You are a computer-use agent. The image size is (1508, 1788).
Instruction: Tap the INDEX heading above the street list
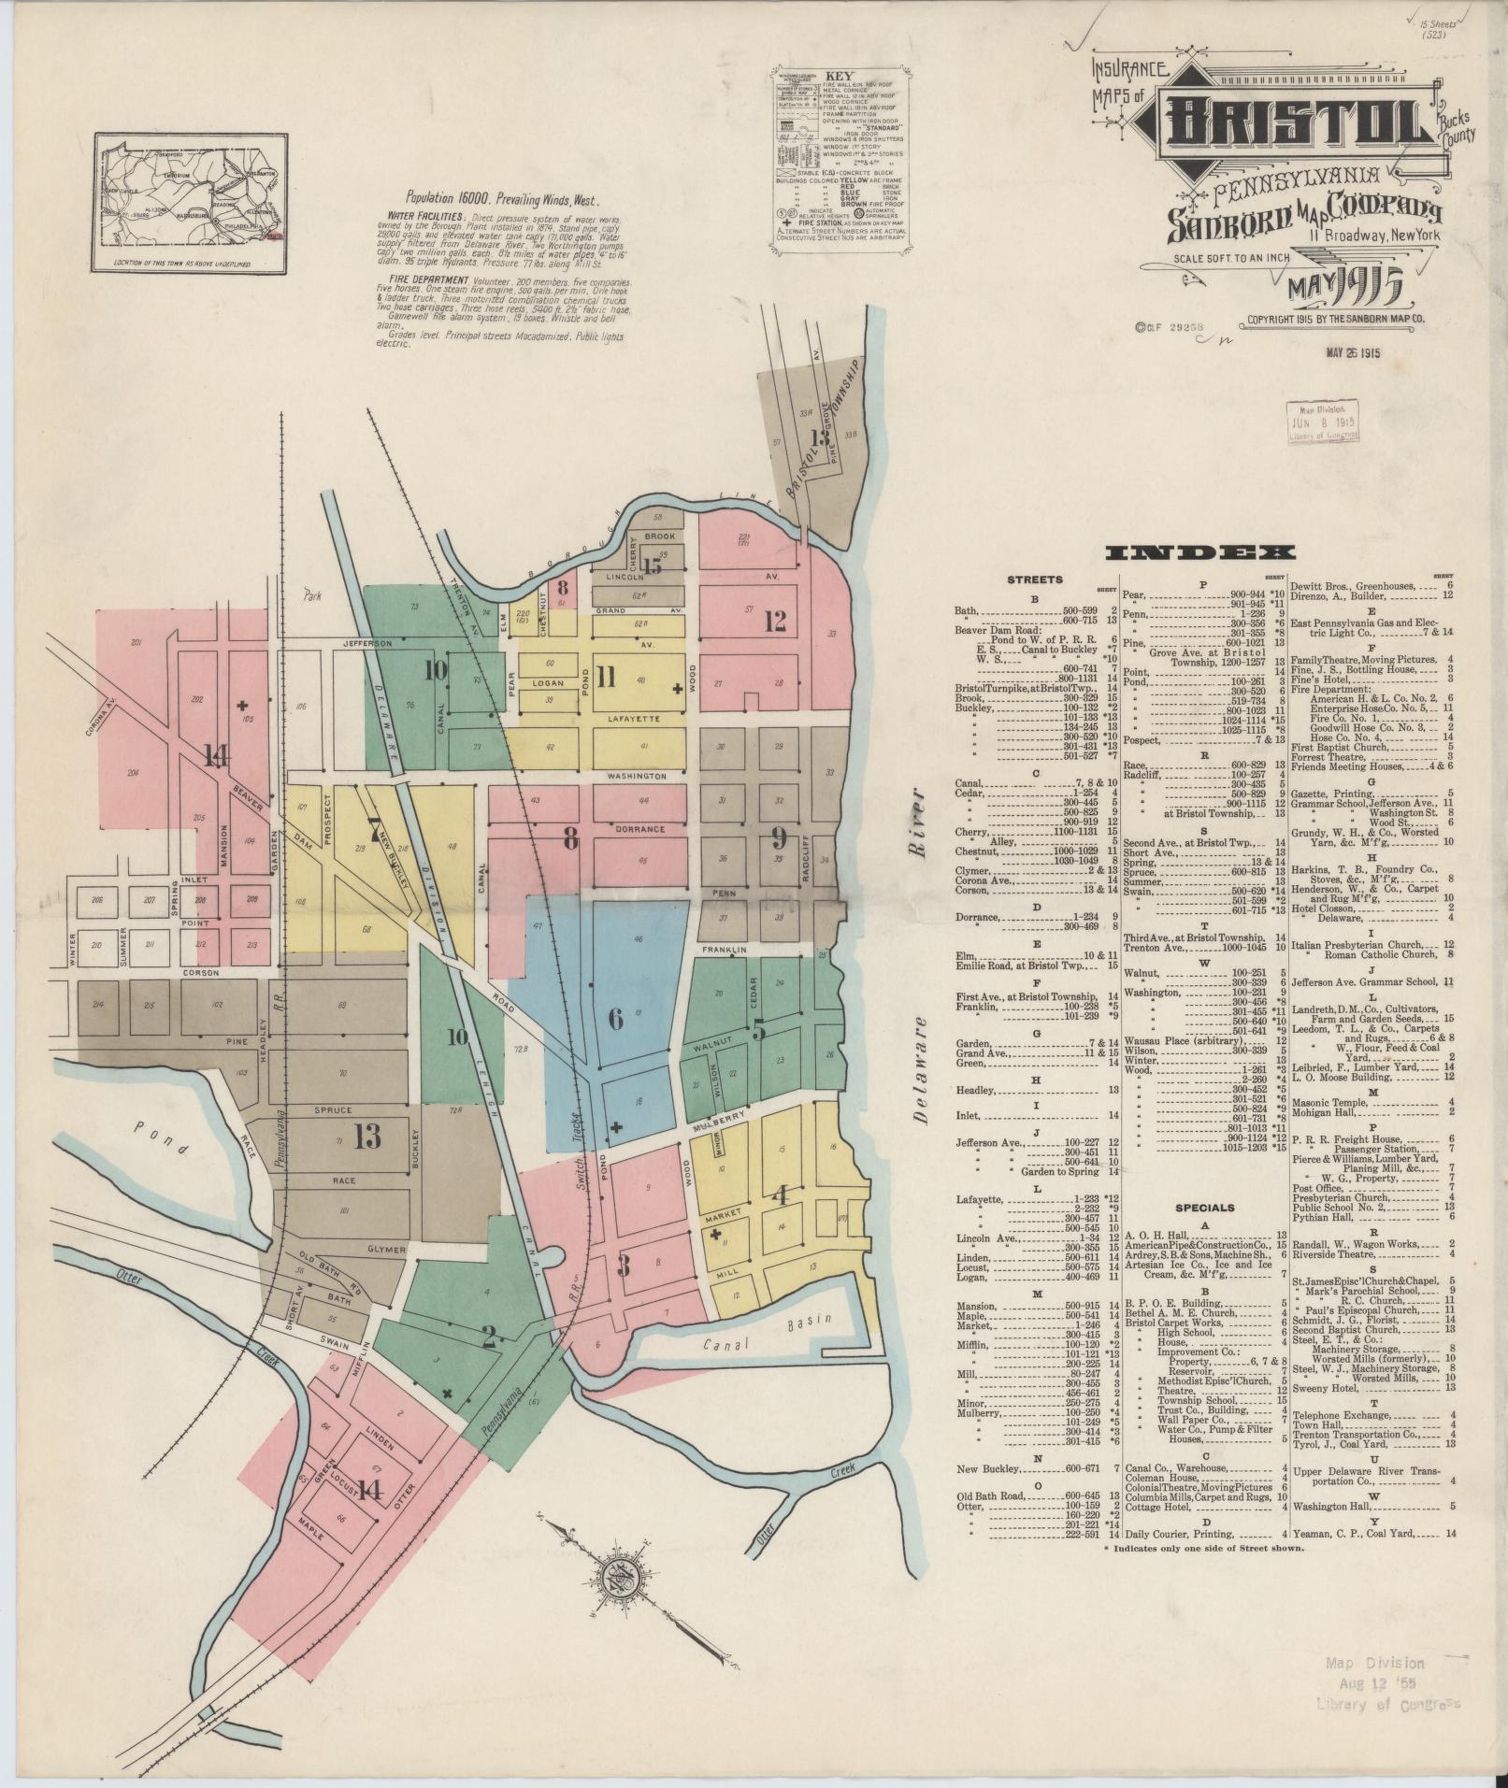[x=1199, y=553]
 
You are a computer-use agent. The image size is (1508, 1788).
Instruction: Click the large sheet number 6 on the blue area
[x=616, y=1018]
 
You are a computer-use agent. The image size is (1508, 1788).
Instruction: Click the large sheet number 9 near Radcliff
[x=778, y=836]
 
